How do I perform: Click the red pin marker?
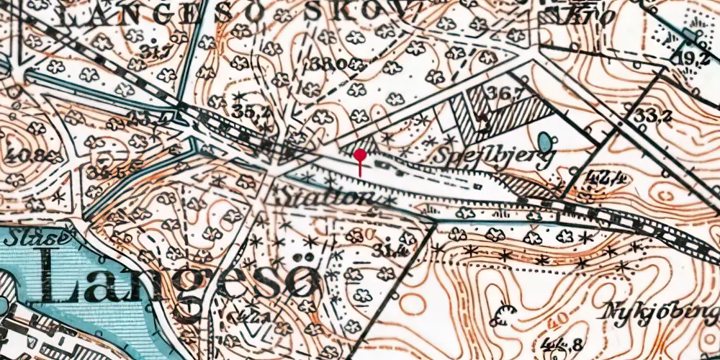click(360, 155)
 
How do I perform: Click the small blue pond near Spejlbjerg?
click(546, 140)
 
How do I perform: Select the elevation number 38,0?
click(330, 63)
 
